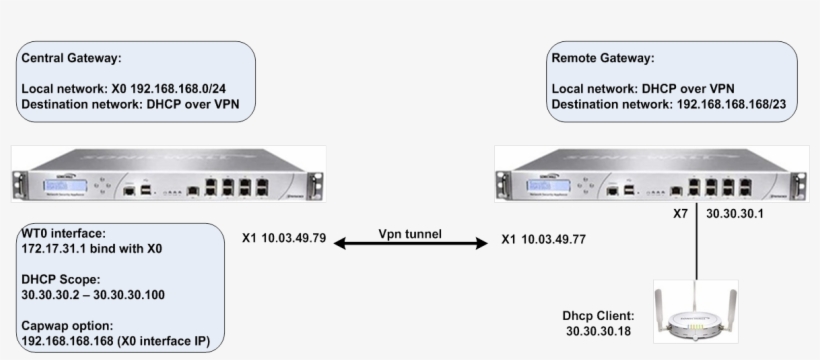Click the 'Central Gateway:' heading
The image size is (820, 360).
tap(69, 59)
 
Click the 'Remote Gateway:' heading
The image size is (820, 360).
tap(603, 59)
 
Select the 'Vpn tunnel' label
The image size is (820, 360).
tap(410, 233)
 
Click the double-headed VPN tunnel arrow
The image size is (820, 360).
tap(410, 244)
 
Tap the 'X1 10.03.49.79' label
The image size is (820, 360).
tap(284, 239)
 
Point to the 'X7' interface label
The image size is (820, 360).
tap(680, 214)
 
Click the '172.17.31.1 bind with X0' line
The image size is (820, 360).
tap(91, 248)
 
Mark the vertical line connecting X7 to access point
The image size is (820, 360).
tap(697, 250)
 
